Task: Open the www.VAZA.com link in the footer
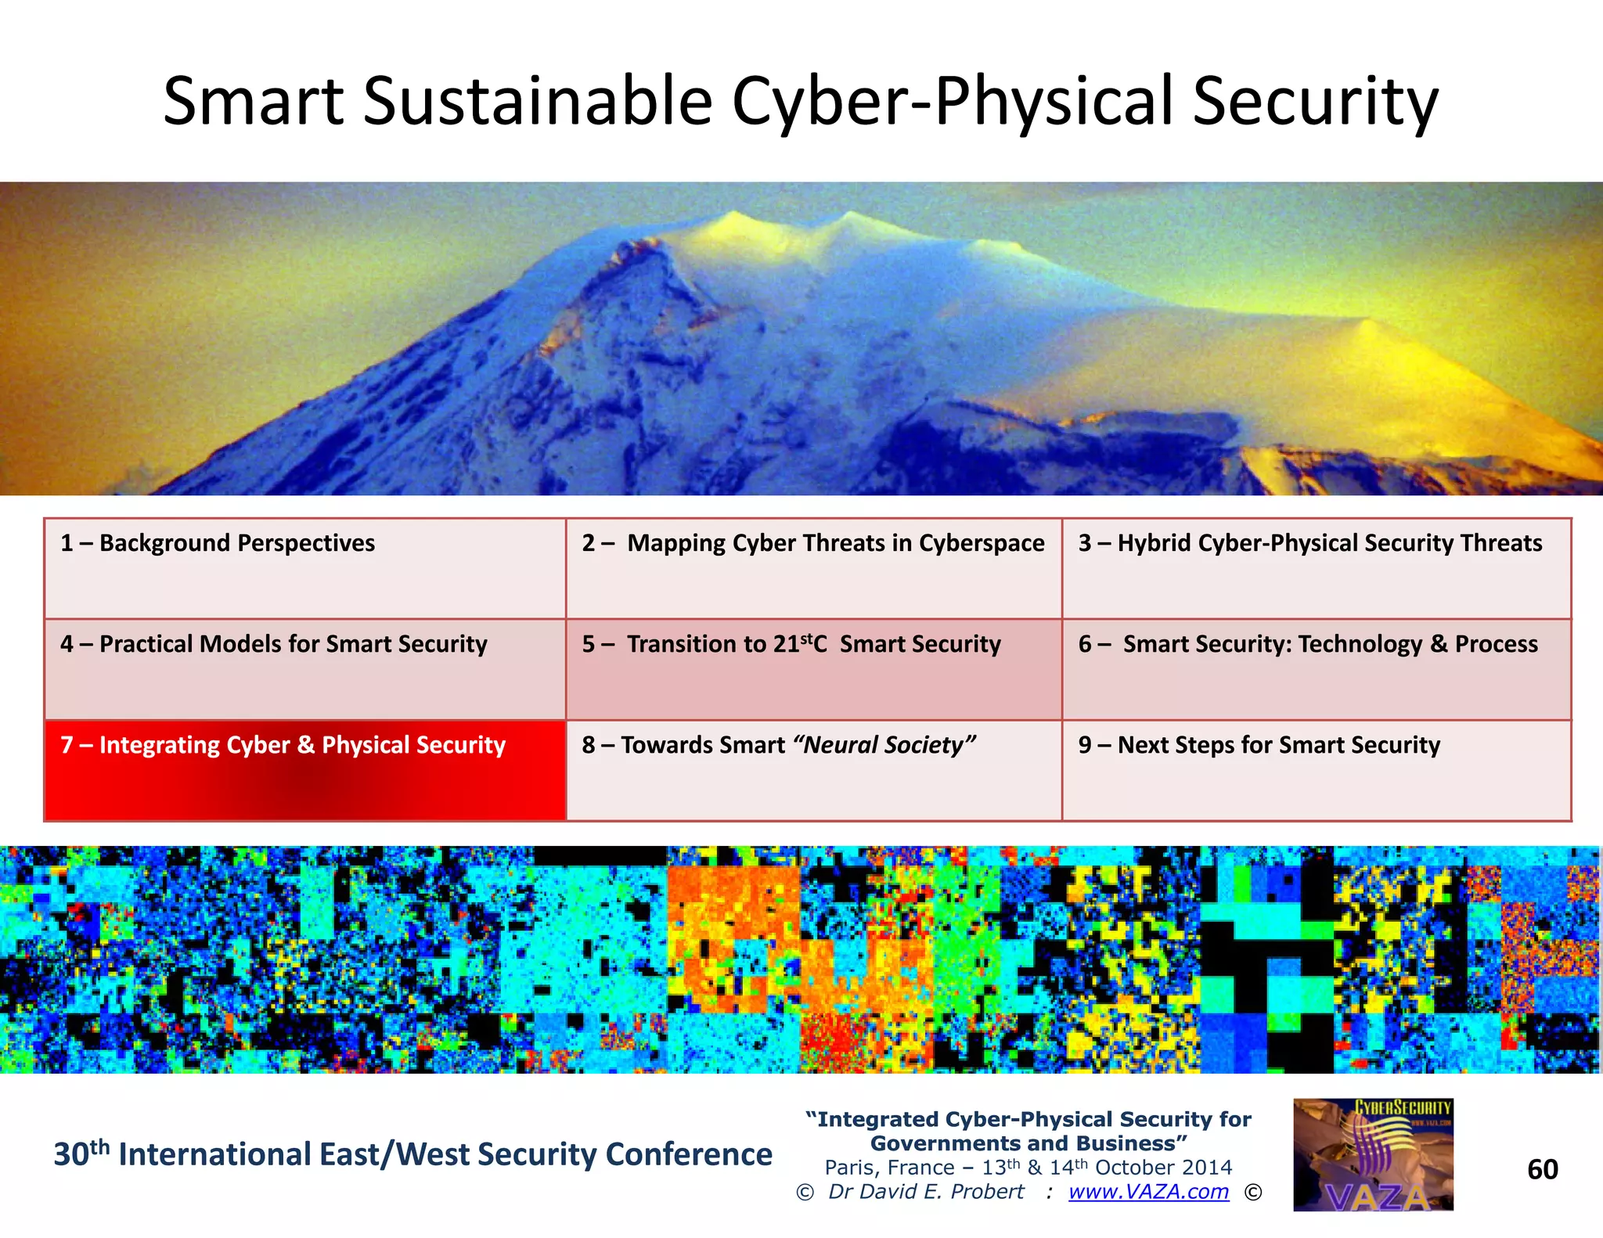1148,1192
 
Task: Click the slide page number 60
1542,1169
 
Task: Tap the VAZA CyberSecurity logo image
1373,1155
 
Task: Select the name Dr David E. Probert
926,1192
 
